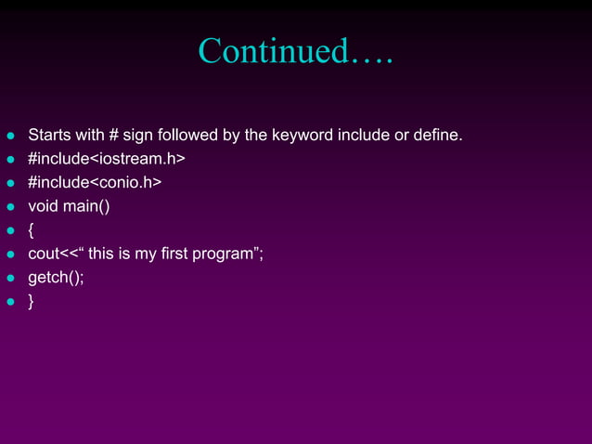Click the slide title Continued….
point(296,51)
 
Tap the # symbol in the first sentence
point(114,136)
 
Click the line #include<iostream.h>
point(107,159)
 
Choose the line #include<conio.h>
point(95,182)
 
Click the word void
point(43,206)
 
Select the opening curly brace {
point(32,229)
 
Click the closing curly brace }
point(32,301)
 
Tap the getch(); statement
point(56,277)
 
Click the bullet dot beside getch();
point(11,278)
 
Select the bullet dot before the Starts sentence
point(11,137)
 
